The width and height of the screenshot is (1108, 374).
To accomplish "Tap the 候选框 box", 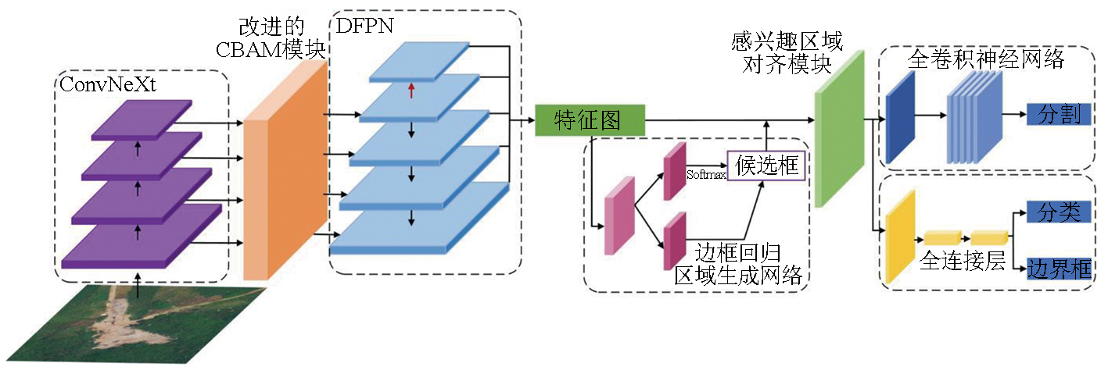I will point(766,166).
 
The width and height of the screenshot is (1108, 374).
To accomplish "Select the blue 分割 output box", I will point(1059,115).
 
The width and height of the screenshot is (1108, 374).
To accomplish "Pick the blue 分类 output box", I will point(1059,211).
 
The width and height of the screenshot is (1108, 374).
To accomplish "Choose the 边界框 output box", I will point(1059,269).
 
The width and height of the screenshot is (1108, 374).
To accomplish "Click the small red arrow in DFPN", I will point(411,92).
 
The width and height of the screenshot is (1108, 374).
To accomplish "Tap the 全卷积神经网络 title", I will point(985,60).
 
